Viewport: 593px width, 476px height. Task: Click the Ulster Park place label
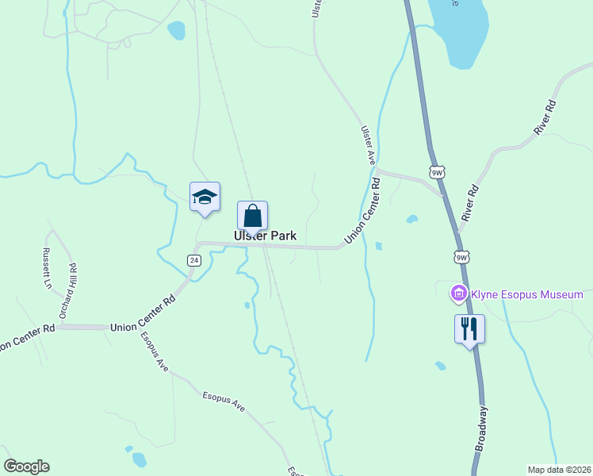click(x=265, y=236)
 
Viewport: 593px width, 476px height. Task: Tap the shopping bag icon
click(x=252, y=216)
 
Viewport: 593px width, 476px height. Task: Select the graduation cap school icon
click(x=205, y=197)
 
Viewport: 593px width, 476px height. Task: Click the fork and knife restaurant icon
click(x=469, y=328)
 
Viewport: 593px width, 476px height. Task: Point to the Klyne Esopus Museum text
click(x=527, y=295)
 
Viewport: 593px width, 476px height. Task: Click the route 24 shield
click(x=194, y=260)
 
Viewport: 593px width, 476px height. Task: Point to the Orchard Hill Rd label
click(x=72, y=290)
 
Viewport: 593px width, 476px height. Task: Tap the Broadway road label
click(x=481, y=428)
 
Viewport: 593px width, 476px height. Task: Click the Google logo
click(x=26, y=466)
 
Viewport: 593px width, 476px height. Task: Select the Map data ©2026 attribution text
click(x=560, y=470)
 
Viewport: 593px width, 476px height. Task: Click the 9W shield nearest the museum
click(x=461, y=256)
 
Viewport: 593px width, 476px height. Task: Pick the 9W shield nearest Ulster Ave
click(x=437, y=171)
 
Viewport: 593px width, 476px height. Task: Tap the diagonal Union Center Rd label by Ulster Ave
click(x=362, y=210)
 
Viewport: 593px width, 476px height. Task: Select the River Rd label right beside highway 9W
click(x=471, y=202)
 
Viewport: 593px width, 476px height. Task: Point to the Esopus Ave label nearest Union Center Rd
click(x=155, y=351)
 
